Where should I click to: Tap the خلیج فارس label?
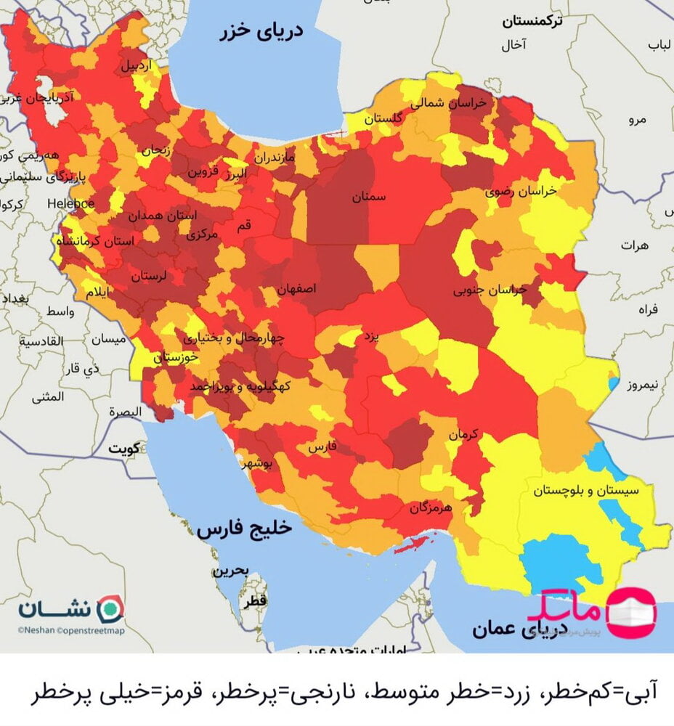pyautogui.click(x=244, y=529)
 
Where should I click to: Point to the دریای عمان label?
pyautogui.click(x=509, y=629)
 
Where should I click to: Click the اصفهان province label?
pyautogui.click(x=297, y=289)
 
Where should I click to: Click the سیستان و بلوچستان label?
pyautogui.click(x=587, y=491)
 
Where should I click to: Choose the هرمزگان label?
pyautogui.click(x=431, y=508)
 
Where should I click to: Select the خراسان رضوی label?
pyautogui.click(x=521, y=191)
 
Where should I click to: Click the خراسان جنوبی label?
pyautogui.click(x=490, y=290)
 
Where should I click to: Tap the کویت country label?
pyautogui.click(x=124, y=449)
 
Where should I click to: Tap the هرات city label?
pyautogui.click(x=633, y=246)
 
